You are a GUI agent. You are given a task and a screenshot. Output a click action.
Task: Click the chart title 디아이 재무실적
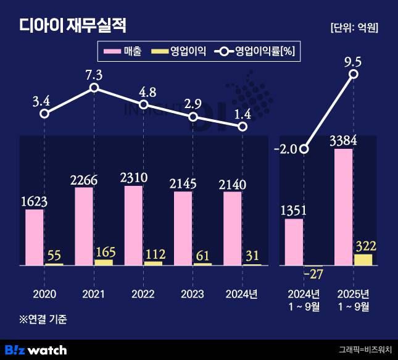(x=72, y=25)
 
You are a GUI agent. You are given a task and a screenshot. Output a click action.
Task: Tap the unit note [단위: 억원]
(x=354, y=27)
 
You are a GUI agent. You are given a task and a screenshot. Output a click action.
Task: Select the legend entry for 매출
(x=124, y=52)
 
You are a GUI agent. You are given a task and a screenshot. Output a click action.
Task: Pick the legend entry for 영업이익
(x=178, y=52)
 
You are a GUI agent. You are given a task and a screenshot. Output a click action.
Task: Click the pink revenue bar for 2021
(x=84, y=226)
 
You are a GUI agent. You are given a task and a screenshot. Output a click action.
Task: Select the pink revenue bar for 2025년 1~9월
(x=344, y=207)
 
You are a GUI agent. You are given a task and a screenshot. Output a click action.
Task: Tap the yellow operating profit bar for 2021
(x=104, y=262)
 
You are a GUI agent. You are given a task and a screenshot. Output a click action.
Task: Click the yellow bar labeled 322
(x=363, y=259)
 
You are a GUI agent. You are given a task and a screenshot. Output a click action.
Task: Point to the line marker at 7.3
(x=94, y=88)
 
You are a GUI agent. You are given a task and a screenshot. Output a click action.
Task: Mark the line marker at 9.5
(x=354, y=74)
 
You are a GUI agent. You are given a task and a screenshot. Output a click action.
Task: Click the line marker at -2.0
(x=304, y=149)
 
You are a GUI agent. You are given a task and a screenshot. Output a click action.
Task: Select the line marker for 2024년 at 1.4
(x=243, y=127)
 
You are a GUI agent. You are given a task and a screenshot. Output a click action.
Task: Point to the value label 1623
(x=35, y=201)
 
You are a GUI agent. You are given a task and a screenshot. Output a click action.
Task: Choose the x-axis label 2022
(x=143, y=293)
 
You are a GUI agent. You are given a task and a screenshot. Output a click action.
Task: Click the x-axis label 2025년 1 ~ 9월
(x=354, y=299)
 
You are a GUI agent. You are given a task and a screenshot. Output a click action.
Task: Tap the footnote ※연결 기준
(x=43, y=319)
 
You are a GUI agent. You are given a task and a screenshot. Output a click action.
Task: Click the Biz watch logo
(x=35, y=350)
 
